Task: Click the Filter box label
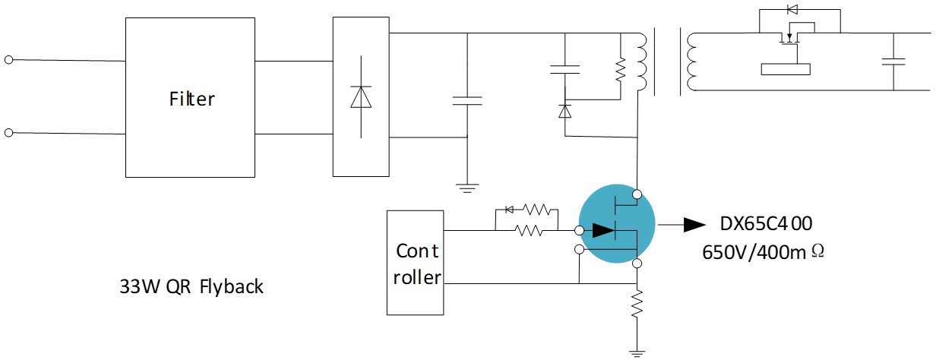[191, 99]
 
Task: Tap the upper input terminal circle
[9, 60]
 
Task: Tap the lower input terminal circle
[9, 133]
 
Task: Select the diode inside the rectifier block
[361, 97]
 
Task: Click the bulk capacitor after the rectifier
[467, 101]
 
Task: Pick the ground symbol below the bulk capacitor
[467, 188]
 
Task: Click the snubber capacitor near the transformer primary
[565, 69]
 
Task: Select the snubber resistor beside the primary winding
[621, 69]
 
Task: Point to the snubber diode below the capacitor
[565, 111]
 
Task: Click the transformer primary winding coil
[641, 62]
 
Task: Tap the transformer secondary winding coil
[691, 62]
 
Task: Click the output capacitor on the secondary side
[893, 62]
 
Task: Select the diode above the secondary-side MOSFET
[792, 9]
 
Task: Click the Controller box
[415, 263]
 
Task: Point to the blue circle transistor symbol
[617, 223]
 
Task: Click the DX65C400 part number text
[766, 224]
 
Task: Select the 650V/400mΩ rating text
[763, 252]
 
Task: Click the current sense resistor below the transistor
[637, 305]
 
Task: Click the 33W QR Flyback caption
[191, 287]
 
